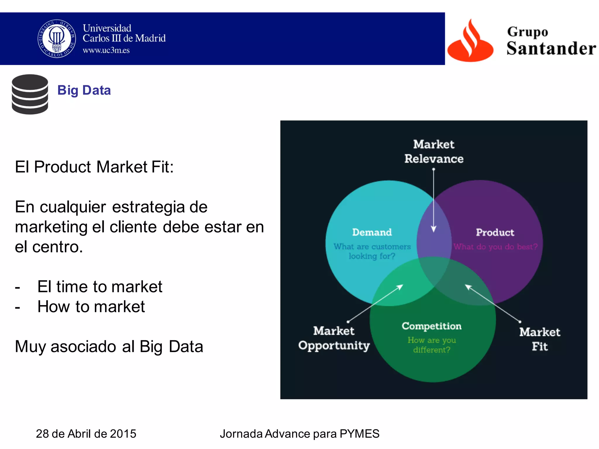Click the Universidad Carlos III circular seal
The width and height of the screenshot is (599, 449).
tap(57, 39)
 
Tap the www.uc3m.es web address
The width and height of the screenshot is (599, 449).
tap(106, 50)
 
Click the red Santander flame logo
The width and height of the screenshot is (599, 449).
tap(470, 41)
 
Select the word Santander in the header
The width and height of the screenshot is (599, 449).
tap(551, 49)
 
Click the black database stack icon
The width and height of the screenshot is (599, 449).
tap(30, 94)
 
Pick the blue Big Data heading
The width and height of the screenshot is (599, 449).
tap(84, 90)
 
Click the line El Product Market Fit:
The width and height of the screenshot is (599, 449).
tap(94, 167)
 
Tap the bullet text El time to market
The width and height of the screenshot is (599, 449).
tap(99, 286)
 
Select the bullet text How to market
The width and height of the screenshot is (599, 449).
tap(91, 307)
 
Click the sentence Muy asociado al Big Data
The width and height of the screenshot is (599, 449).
tap(109, 347)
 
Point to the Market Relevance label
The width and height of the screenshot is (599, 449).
tap(434, 151)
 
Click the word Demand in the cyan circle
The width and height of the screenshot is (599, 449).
tap(372, 232)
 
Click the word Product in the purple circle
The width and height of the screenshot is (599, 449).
tap(495, 232)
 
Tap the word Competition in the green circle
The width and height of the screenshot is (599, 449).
tap(431, 326)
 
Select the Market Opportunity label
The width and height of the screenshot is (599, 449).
tap(334, 338)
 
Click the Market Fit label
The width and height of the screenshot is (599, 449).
tap(540, 339)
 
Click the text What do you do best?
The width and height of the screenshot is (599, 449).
tap(495, 247)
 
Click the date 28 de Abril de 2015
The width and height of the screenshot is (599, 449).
tap(86, 434)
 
